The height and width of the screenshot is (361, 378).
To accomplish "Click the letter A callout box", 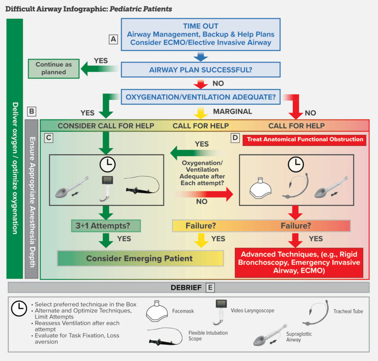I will click(114, 39).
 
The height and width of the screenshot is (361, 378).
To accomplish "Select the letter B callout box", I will click(31, 112).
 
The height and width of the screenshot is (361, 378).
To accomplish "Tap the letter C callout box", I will click(48, 138).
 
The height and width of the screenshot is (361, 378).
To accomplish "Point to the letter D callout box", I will click(235, 138).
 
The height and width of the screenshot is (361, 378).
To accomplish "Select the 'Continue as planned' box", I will click(54, 68).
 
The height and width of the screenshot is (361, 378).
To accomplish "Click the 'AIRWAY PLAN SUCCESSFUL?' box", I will click(200, 69).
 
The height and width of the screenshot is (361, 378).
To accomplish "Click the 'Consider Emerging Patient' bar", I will click(139, 258).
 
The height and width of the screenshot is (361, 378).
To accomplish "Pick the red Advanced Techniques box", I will click(299, 263).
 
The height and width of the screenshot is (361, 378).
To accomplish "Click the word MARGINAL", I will click(233, 111).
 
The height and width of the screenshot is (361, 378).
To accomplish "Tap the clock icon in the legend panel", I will click(19, 308).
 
